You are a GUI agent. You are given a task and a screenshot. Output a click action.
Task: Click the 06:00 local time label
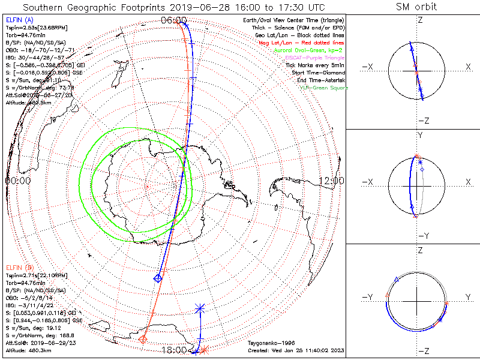click(174, 20)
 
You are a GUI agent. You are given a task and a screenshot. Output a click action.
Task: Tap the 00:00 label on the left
click(18, 180)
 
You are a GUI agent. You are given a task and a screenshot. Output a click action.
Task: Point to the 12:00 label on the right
click(331, 180)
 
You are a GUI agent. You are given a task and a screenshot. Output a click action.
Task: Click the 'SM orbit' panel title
click(416, 7)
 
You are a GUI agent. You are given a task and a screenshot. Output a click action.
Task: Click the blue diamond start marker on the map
click(158, 278)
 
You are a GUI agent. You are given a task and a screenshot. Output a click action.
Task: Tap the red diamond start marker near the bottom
click(143, 340)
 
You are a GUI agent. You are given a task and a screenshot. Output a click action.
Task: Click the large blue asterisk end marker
click(200, 309)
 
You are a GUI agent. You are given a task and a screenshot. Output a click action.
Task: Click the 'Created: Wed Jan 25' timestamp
click(296, 350)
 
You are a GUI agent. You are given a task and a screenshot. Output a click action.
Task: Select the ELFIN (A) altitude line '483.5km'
click(27, 102)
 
